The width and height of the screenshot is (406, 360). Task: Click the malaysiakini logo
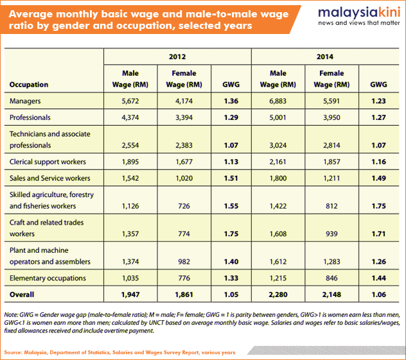coord(359,16)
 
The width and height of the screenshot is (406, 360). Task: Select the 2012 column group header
coord(177,56)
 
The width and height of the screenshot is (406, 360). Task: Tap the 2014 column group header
coord(325,56)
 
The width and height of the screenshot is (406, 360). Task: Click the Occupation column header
coord(29,85)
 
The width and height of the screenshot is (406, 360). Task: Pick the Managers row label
coord(25,101)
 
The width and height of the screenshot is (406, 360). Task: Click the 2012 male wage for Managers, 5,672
coord(130,101)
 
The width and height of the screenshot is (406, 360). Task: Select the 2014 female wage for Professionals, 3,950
coord(331,117)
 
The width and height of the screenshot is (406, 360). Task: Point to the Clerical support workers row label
coord(48,162)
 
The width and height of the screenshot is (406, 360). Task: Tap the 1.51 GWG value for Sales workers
coord(231,178)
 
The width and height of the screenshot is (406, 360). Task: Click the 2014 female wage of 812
coord(331,206)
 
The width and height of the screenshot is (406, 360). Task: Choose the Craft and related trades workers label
coord(47,228)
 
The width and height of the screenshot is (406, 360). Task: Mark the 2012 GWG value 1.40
coord(231,262)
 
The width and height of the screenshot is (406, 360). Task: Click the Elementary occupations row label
coord(48,278)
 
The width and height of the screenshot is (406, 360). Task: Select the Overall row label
coord(22,295)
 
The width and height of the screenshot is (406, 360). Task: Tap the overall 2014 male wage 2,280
coord(278,295)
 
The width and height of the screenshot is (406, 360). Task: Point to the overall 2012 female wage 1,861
coord(184,295)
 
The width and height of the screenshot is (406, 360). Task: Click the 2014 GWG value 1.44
coord(378,278)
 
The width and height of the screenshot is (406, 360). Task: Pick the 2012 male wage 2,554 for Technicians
coord(130,145)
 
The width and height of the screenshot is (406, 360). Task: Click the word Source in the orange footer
coord(12,352)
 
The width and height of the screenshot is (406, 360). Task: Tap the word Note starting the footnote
coord(10,315)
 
